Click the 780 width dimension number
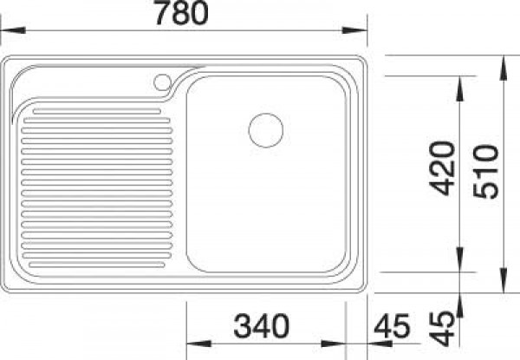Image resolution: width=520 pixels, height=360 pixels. pos(182,13)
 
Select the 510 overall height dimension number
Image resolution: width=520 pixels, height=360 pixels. pos(486,172)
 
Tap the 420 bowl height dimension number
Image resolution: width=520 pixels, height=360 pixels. pos(442,168)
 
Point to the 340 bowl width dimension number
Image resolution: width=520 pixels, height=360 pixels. pos(262,326)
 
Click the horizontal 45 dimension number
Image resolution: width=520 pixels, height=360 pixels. pos(393,326)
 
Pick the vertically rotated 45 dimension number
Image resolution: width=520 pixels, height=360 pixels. pos(441,329)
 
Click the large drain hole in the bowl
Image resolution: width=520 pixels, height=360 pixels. pos(266,130)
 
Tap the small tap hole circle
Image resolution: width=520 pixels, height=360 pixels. pos(163,82)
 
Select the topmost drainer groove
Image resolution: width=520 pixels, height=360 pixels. pos(97,111)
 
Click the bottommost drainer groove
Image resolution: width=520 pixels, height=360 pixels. pos(97,265)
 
